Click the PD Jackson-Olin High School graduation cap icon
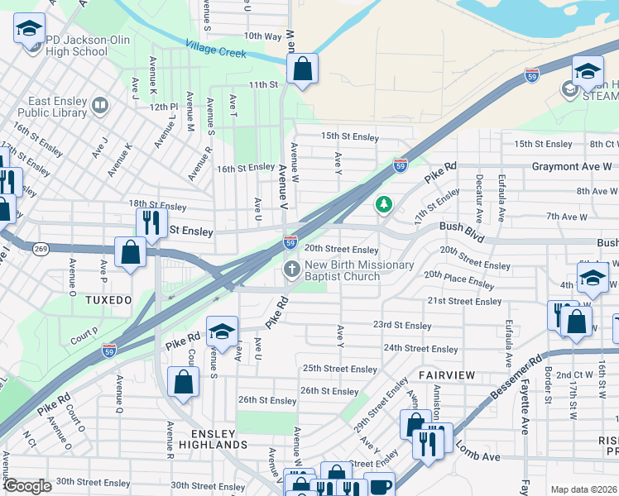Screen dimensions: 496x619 [30, 31]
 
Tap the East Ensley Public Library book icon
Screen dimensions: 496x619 [100, 105]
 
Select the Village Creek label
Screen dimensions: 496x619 [216, 50]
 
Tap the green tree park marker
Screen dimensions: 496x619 [383, 203]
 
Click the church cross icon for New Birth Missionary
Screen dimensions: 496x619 [291, 269]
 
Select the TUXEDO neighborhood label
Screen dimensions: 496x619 [108, 299]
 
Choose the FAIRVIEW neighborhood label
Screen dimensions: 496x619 [447, 374]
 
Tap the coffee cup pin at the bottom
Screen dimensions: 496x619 [380, 485]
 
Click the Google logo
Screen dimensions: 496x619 [26, 486]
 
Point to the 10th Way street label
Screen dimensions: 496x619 [263, 36]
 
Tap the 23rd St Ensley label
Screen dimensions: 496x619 [402, 326]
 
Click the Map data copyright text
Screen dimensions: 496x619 [583, 489]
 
